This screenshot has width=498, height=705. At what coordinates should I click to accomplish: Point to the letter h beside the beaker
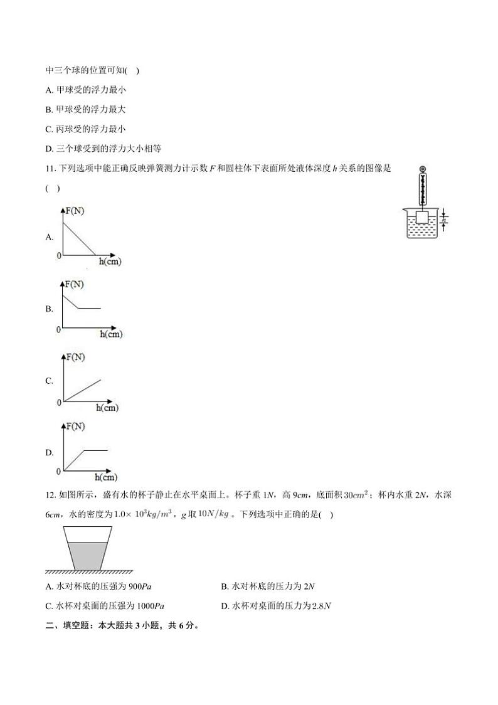point(444,219)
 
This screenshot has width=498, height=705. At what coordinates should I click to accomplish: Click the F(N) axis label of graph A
point(75,211)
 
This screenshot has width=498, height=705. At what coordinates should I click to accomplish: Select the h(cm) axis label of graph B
point(111,334)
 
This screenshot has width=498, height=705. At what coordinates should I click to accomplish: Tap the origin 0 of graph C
point(59,401)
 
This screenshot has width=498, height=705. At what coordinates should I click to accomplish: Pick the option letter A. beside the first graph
point(50,237)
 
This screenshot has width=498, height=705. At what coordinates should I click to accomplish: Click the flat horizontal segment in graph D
point(95,450)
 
